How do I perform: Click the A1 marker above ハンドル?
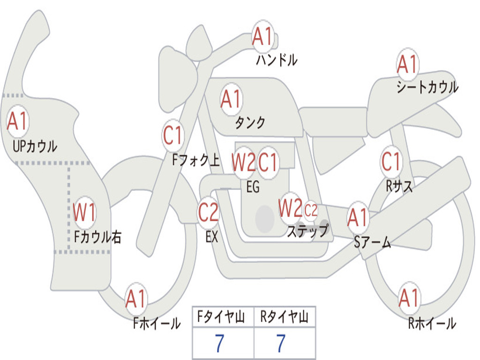point(262,36)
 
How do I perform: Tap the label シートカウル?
point(427,87)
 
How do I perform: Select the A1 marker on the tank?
point(231,99)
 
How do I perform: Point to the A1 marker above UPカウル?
point(18,121)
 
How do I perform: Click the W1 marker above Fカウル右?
point(84,212)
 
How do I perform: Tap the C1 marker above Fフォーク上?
point(172,135)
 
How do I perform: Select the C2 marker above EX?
point(208,212)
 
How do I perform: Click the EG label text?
point(253,187)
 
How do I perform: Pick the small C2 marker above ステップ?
point(310,210)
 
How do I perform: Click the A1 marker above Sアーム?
point(357,217)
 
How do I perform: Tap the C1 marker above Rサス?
point(391,161)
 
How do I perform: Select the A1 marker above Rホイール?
point(409,298)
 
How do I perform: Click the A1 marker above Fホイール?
point(136,299)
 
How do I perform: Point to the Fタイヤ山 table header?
point(221,316)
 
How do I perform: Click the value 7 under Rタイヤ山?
point(281,343)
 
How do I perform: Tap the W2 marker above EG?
point(243,162)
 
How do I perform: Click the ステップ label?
point(307,231)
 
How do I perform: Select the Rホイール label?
point(432,323)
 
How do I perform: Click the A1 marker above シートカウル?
point(407,64)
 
